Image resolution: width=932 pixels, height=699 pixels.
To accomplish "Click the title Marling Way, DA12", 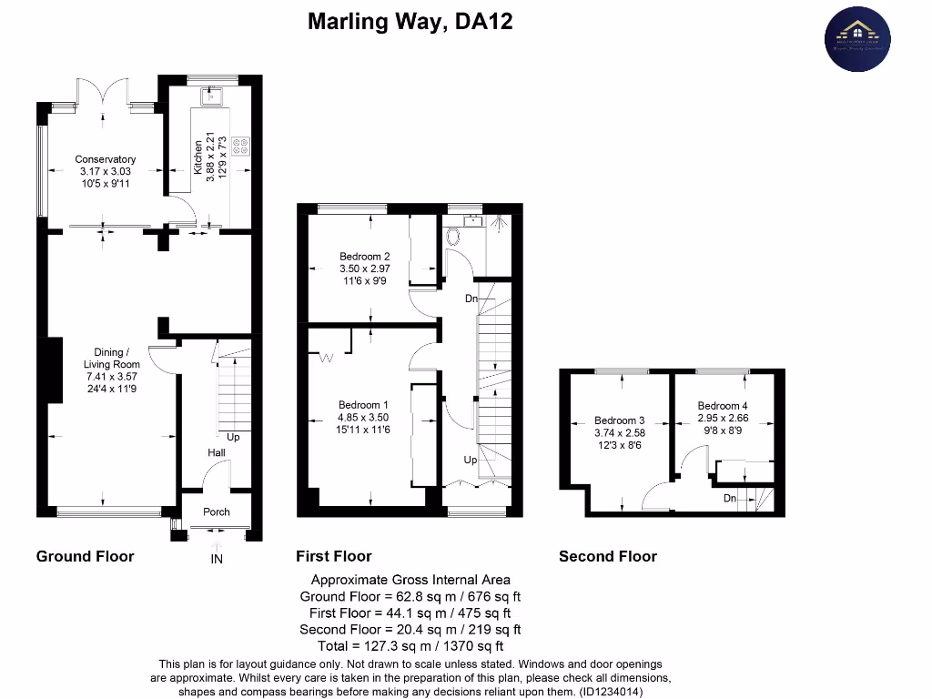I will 410,21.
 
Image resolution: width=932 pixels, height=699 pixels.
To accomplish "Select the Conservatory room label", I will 106,159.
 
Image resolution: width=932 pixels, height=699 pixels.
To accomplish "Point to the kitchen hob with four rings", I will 241,147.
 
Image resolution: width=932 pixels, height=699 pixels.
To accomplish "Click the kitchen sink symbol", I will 214,95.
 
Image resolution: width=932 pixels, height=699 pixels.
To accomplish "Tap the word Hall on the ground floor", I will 216,451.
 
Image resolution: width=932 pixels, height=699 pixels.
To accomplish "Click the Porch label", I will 217,512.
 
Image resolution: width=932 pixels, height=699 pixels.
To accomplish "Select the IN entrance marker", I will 216,559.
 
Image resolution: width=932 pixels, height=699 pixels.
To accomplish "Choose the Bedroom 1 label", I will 363,405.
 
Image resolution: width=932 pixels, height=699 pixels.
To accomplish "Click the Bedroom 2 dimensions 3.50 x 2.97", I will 364,269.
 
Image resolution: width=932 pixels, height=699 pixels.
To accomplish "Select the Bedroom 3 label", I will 618,420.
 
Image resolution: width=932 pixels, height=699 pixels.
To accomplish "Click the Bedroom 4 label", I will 722,406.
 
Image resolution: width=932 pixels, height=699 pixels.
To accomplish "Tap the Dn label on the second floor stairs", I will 730,499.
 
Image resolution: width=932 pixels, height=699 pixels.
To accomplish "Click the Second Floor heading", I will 607,556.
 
